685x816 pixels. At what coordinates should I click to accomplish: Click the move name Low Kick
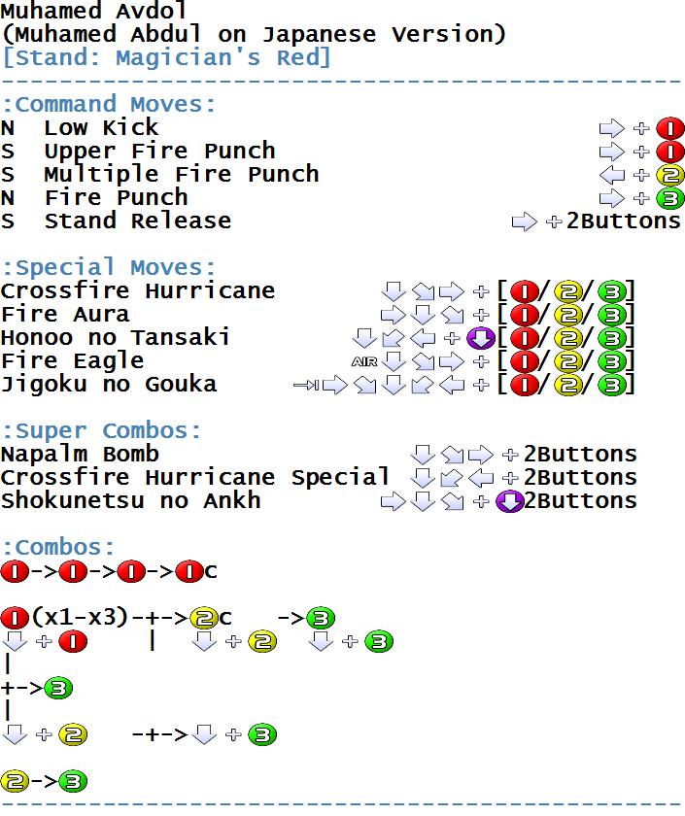pos(101,127)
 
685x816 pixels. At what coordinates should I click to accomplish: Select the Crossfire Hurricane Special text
pos(194,477)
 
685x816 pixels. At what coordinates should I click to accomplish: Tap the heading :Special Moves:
pos(108,267)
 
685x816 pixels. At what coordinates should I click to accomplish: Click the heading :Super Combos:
pos(101,431)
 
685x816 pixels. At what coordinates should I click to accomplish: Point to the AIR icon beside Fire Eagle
pos(364,361)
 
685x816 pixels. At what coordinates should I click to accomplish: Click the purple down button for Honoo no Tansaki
pos(481,338)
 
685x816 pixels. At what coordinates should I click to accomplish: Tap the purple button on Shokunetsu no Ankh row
pos(510,501)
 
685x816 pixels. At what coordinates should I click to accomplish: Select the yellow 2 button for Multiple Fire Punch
pos(670,175)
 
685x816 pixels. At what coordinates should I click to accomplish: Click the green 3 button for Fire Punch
pos(670,198)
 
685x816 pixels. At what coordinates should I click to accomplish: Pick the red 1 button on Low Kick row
pos(670,128)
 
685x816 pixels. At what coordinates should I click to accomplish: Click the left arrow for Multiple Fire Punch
pos(612,175)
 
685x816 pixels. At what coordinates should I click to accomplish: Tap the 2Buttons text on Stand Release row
pos(624,221)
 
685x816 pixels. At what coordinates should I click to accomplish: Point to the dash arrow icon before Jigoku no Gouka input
pos(306,385)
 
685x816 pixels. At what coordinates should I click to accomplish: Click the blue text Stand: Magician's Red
pos(166,57)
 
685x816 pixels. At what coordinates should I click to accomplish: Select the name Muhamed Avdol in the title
pos(93,11)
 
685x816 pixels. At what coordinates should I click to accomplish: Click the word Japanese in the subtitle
pos(319,34)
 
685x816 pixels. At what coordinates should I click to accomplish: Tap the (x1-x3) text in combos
pos(80,617)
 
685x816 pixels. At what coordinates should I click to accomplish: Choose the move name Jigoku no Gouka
pos(109,385)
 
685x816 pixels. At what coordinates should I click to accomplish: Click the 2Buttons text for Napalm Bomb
pos(580,455)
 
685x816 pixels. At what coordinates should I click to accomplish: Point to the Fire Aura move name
pos(65,315)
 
